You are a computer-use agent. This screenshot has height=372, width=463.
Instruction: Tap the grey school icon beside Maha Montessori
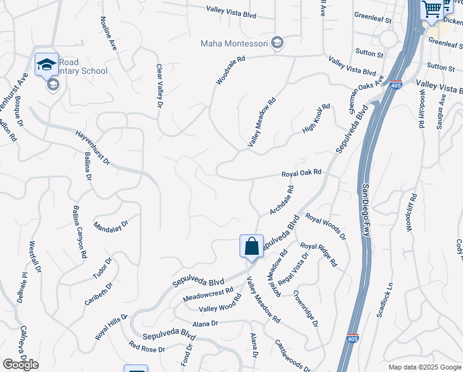click(x=278, y=43)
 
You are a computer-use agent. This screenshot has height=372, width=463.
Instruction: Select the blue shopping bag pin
click(x=251, y=246)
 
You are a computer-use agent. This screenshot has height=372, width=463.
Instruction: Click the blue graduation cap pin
click(x=46, y=64)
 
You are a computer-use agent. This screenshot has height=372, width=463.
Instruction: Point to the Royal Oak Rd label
click(x=301, y=172)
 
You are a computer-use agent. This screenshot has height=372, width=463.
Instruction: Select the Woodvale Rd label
click(x=231, y=71)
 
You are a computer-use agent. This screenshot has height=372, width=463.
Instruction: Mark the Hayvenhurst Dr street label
click(x=92, y=148)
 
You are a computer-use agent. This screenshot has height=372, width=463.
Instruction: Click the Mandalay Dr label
click(x=111, y=224)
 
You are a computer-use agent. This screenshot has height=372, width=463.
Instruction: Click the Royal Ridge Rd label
click(x=319, y=255)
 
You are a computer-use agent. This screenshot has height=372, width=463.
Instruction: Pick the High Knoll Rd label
click(x=316, y=118)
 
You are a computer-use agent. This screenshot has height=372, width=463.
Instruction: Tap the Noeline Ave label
click(x=108, y=37)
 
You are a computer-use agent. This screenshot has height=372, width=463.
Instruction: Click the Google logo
click(x=20, y=365)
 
